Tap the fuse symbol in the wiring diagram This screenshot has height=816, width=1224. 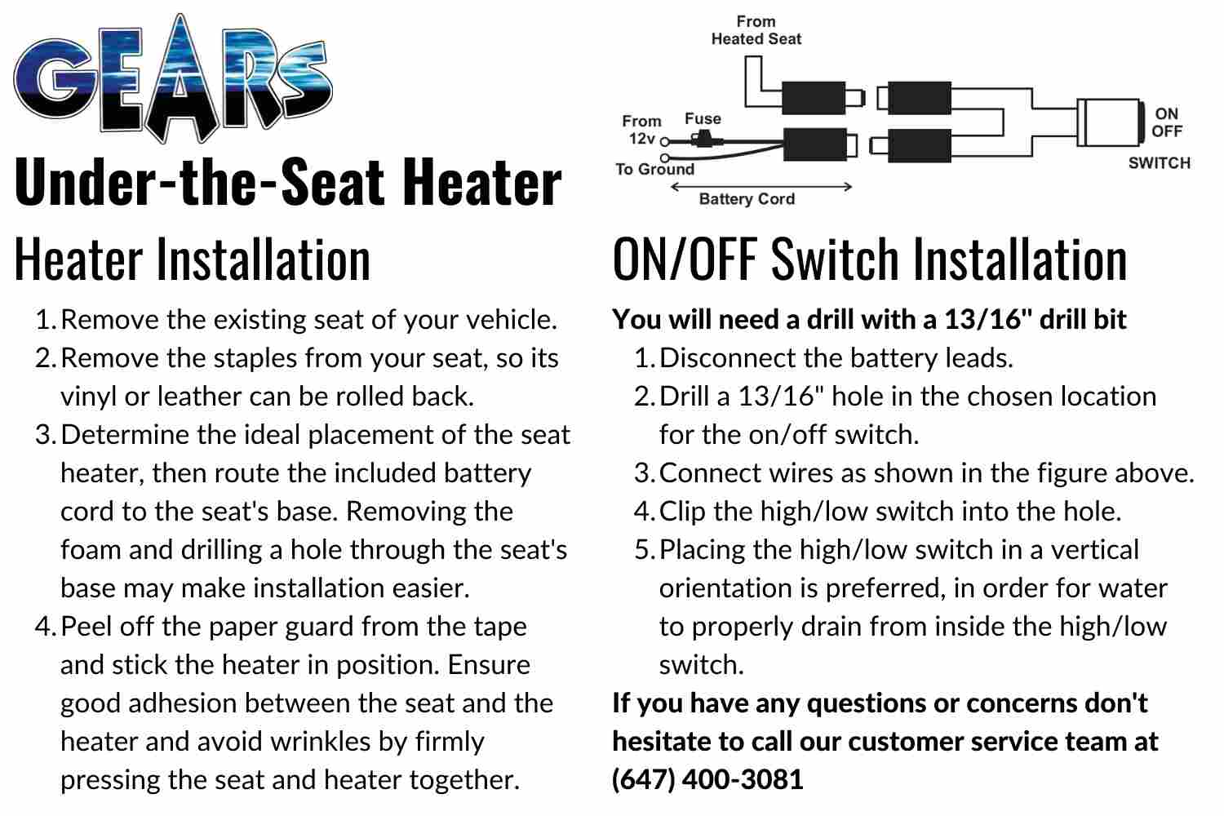click(700, 140)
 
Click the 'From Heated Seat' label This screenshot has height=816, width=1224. click(756, 30)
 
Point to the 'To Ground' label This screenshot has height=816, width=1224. click(654, 170)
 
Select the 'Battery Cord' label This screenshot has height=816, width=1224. click(747, 199)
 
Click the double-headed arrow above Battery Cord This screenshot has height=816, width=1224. click(761, 186)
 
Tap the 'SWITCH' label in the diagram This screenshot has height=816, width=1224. click(1160, 163)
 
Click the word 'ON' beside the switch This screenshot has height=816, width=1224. click(1167, 113)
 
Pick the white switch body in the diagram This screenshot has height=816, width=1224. click(1109, 122)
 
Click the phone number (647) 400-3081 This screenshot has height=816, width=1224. click(707, 779)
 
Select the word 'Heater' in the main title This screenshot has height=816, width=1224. click(482, 182)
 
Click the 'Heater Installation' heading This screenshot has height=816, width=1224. click(193, 259)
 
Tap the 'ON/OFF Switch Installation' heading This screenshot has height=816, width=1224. click(870, 259)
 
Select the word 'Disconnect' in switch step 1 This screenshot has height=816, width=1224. click(727, 358)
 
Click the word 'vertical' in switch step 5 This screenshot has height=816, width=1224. click(1095, 550)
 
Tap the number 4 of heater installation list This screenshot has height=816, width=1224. click(45, 627)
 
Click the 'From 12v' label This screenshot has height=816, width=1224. click(641, 130)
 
